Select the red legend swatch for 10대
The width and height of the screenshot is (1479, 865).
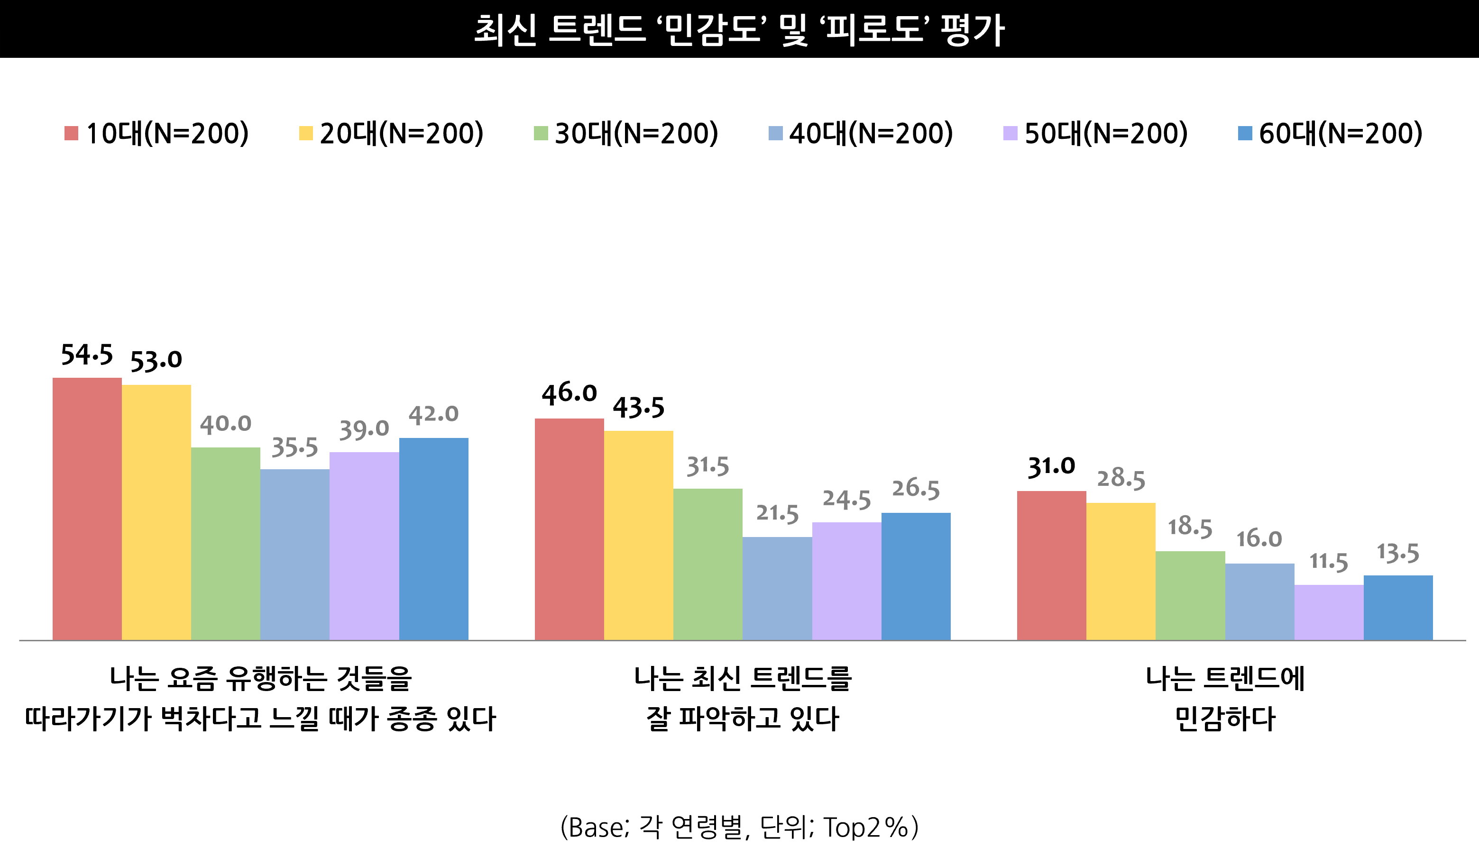click(x=71, y=133)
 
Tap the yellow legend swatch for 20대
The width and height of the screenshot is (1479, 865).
click(x=306, y=133)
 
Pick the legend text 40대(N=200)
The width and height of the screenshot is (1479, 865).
click(x=871, y=133)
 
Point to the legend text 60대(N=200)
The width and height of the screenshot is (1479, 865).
click(x=1341, y=133)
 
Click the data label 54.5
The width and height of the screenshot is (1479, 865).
click(x=87, y=355)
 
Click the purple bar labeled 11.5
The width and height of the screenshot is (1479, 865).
click(x=1329, y=612)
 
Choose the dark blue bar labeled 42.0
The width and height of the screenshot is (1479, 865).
click(x=434, y=539)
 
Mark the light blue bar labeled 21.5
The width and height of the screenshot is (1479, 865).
click(x=777, y=588)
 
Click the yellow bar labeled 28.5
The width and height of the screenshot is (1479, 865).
click(x=1121, y=571)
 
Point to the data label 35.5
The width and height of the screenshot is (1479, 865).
click(x=294, y=447)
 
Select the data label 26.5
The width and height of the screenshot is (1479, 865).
click(x=916, y=489)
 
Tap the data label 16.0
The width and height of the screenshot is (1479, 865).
click(x=1259, y=538)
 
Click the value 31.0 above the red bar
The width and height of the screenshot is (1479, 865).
click(x=1051, y=467)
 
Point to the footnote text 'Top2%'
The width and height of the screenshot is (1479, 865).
click(x=866, y=828)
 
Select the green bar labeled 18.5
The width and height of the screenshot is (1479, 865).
click(x=1190, y=595)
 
